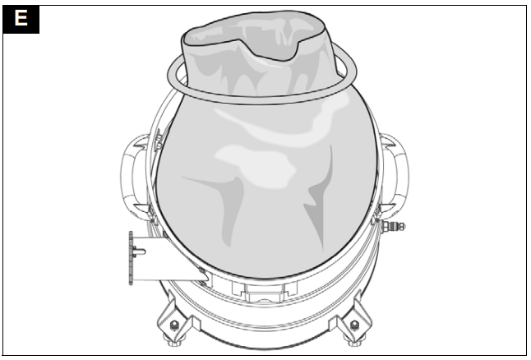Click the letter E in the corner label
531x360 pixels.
[x=21, y=19]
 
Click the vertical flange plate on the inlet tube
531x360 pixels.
[x=131, y=258]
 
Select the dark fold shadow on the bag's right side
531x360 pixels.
[x=316, y=210]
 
